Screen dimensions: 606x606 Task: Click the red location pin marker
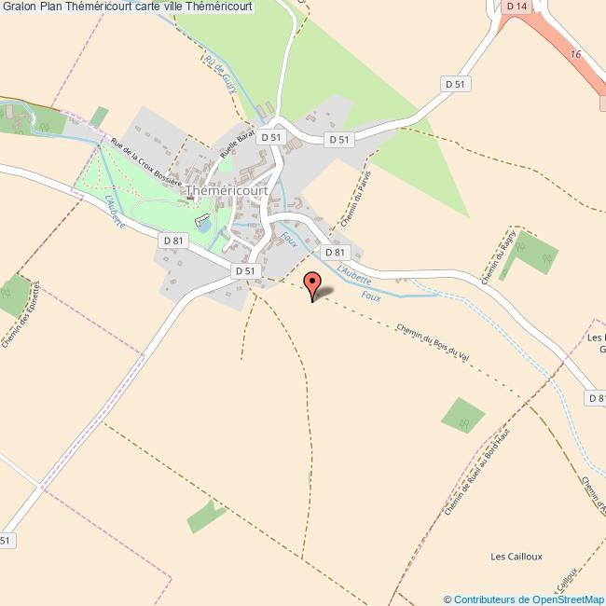coord(312,283)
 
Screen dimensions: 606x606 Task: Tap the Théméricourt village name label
coord(227,190)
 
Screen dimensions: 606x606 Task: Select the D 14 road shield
coord(517,7)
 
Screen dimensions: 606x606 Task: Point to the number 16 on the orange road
coord(576,55)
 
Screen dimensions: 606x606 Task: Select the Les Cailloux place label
coord(516,557)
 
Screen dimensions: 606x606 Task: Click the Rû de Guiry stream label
coord(222,74)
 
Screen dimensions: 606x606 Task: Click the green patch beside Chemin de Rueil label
coord(463,415)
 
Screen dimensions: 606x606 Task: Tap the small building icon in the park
coord(200,221)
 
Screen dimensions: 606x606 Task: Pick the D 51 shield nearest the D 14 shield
coord(455,83)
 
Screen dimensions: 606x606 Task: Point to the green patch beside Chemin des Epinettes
coord(12,295)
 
